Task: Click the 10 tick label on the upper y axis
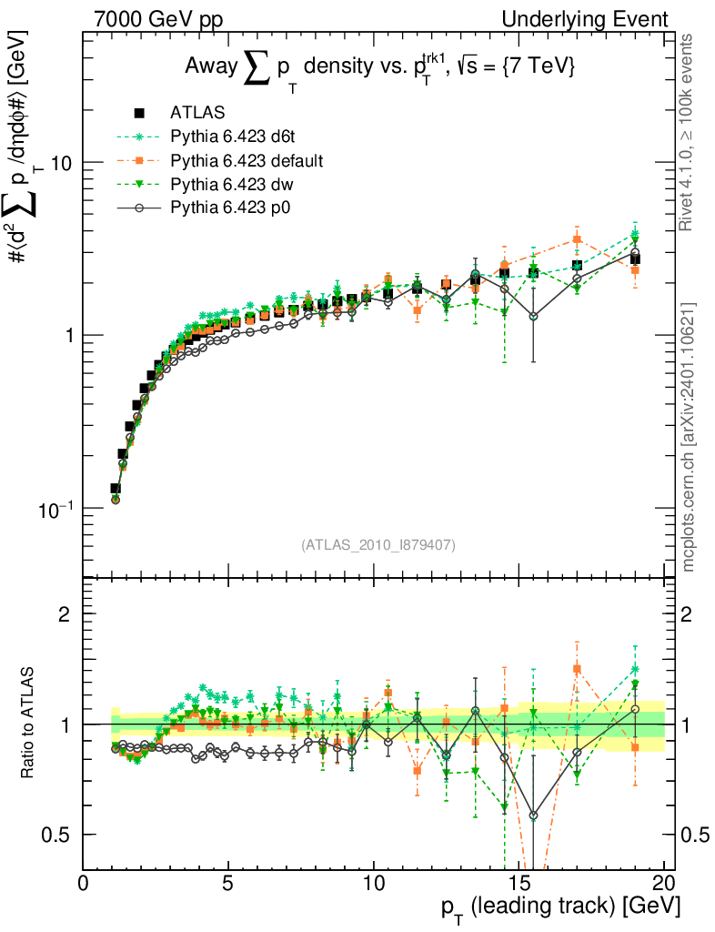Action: (x=62, y=163)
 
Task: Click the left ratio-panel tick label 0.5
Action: (x=57, y=835)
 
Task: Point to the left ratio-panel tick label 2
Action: (x=65, y=613)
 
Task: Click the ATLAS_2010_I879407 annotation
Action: (x=378, y=544)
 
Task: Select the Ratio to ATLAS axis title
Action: (x=30, y=723)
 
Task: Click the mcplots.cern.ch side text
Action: (x=689, y=437)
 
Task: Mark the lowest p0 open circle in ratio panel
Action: (x=533, y=815)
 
